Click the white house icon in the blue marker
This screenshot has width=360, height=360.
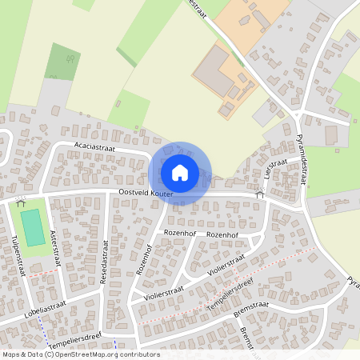(180, 172)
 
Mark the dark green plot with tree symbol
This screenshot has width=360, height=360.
(62, 61)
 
